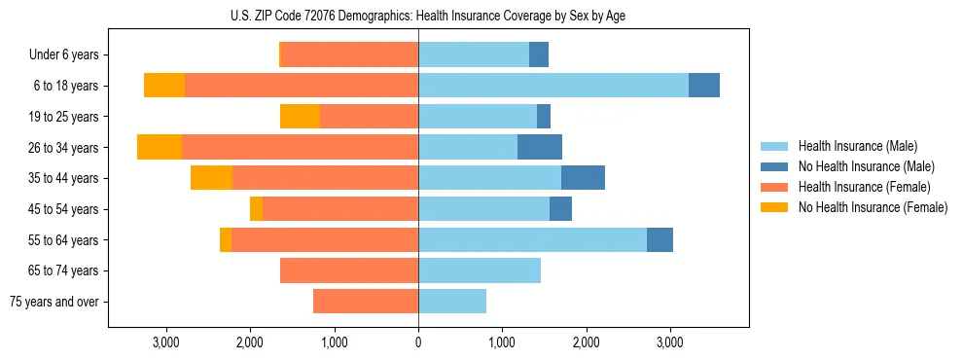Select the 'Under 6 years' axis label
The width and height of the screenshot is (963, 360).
click(70, 54)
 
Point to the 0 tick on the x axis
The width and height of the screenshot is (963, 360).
click(418, 342)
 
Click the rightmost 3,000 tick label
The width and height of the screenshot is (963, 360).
click(669, 342)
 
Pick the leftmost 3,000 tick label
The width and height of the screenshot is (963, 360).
click(166, 342)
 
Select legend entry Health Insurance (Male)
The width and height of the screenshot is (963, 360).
click(857, 146)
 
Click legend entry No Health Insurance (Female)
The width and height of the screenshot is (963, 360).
click(873, 207)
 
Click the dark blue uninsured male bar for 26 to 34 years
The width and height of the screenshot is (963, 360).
click(540, 147)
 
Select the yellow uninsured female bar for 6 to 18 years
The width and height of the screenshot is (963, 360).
click(164, 86)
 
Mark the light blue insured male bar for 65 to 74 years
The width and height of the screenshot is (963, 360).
click(480, 270)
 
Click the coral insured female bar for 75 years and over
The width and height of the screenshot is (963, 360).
click(366, 302)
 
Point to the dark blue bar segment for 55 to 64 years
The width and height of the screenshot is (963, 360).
click(660, 239)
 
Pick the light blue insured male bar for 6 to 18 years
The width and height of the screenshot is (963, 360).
click(553, 86)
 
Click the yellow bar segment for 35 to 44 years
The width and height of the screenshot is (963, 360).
click(211, 178)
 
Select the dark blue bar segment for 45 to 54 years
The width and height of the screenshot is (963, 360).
click(560, 209)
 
